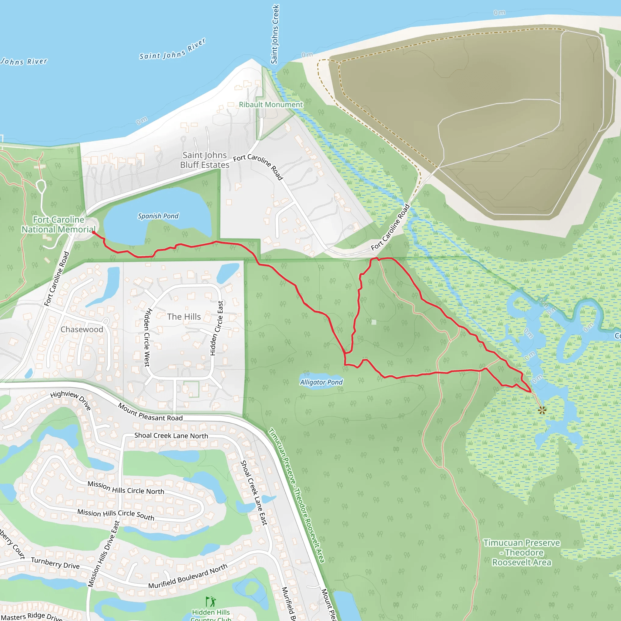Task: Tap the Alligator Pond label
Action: pyautogui.click(x=321, y=382)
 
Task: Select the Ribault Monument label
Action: pyautogui.click(x=271, y=105)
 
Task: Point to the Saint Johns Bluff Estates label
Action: pyautogui.click(x=205, y=160)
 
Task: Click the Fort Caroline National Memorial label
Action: pyautogui.click(x=59, y=224)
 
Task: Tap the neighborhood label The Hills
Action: pyautogui.click(x=184, y=317)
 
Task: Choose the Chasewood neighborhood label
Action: pyautogui.click(x=82, y=330)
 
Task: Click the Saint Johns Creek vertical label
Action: pyautogui.click(x=275, y=34)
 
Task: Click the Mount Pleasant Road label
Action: pyautogui.click(x=150, y=412)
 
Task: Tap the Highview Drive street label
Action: pyautogui.click(x=71, y=400)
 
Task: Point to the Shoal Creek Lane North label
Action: pyautogui.click(x=171, y=435)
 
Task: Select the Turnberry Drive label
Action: pyautogui.click(x=55, y=563)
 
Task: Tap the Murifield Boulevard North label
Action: pyautogui.click(x=188, y=577)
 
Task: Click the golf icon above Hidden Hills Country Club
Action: pyautogui.click(x=211, y=601)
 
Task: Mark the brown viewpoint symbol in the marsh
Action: pyautogui.click(x=542, y=410)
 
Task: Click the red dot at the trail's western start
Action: pyautogui.click(x=93, y=232)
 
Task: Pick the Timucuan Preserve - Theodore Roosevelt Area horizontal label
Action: pyautogui.click(x=522, y=552)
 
